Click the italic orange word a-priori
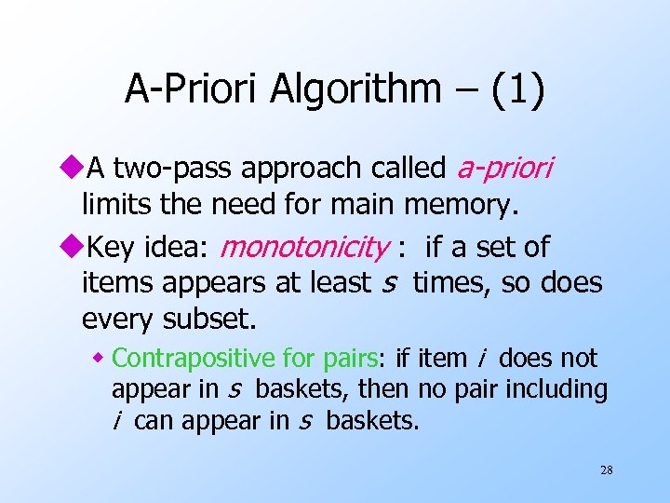pyautogui.click(x=505, y=169)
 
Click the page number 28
pyautogui.click(x=606, y=470)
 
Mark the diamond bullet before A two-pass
pyautogui.click(x=73, y=169)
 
